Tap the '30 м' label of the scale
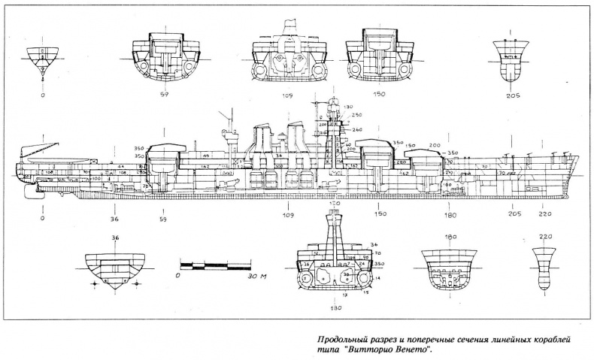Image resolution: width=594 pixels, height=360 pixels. (258, 276)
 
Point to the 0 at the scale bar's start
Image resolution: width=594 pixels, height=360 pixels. (178, 276)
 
